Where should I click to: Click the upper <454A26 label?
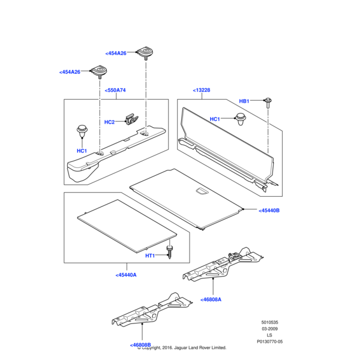tap(116, 53)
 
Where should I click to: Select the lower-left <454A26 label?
tap(70, 72)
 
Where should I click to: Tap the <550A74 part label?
tap(115, 91)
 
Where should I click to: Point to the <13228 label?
tap(202, 91)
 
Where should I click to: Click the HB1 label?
tap(244, 101)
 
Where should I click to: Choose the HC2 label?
tap(109, 122)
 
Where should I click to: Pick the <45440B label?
tap(269, 211)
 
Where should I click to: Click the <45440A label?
tap(126, 275)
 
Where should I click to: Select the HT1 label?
tap(150, 256)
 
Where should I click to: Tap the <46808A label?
tap(211, 299)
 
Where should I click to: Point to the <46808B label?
tap(140, 345)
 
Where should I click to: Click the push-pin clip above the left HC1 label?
tap(82, 130)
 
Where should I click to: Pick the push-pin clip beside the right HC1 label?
tap(241, 121)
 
